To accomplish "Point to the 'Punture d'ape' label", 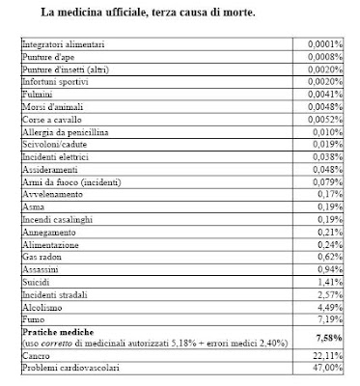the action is [x=48, y=59].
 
